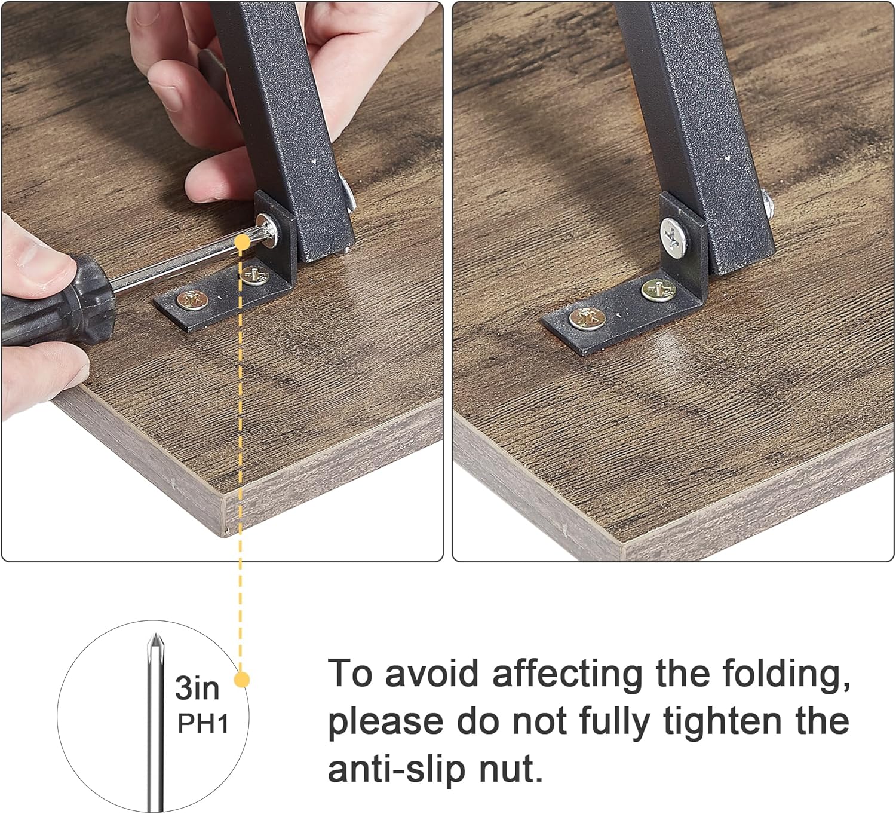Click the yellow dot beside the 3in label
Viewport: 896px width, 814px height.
241,680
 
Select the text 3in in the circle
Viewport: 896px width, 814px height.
197,688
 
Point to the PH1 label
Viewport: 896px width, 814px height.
203,724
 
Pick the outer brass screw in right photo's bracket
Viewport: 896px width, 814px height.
584,319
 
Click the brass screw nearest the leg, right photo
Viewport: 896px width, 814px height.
658,290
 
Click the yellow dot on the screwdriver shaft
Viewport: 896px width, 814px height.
243,241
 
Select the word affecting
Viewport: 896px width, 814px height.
568,674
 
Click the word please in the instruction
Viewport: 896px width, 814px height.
385,722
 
